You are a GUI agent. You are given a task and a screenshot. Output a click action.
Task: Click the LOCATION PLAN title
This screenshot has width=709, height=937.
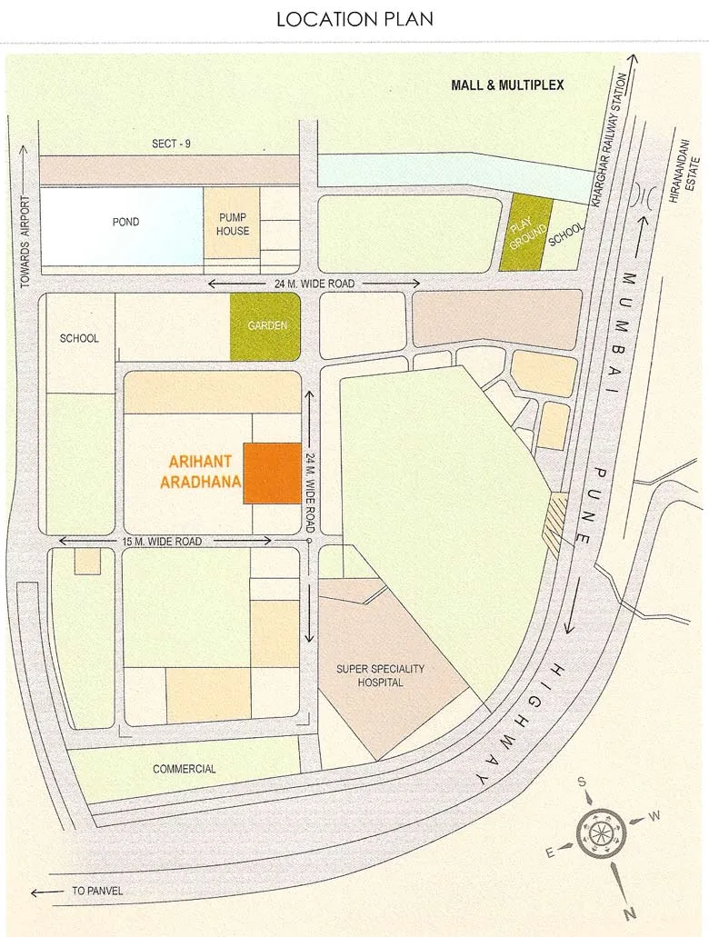click(355, 18)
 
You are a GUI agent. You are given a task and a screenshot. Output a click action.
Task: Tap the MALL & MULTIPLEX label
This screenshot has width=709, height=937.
click(508, 85)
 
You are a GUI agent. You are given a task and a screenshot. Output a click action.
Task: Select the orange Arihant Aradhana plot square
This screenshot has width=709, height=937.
click(272, 473)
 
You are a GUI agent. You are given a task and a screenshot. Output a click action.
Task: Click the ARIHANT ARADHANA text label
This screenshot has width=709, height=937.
click(202, 473)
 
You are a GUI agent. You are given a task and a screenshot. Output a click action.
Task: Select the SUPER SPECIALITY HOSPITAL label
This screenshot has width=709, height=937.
click(380, 675)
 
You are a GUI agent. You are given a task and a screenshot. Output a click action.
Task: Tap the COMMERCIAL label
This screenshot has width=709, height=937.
click(185, 770)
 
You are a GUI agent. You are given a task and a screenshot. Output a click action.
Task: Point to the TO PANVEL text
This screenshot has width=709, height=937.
click(97, 892)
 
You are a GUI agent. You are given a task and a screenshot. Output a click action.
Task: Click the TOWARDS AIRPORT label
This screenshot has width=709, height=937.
click(25, 242)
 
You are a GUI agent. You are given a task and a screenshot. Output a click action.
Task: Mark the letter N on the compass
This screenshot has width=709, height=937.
click(629, 912)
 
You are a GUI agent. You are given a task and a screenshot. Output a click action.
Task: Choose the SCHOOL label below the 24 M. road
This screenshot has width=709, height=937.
click(78, 339)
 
